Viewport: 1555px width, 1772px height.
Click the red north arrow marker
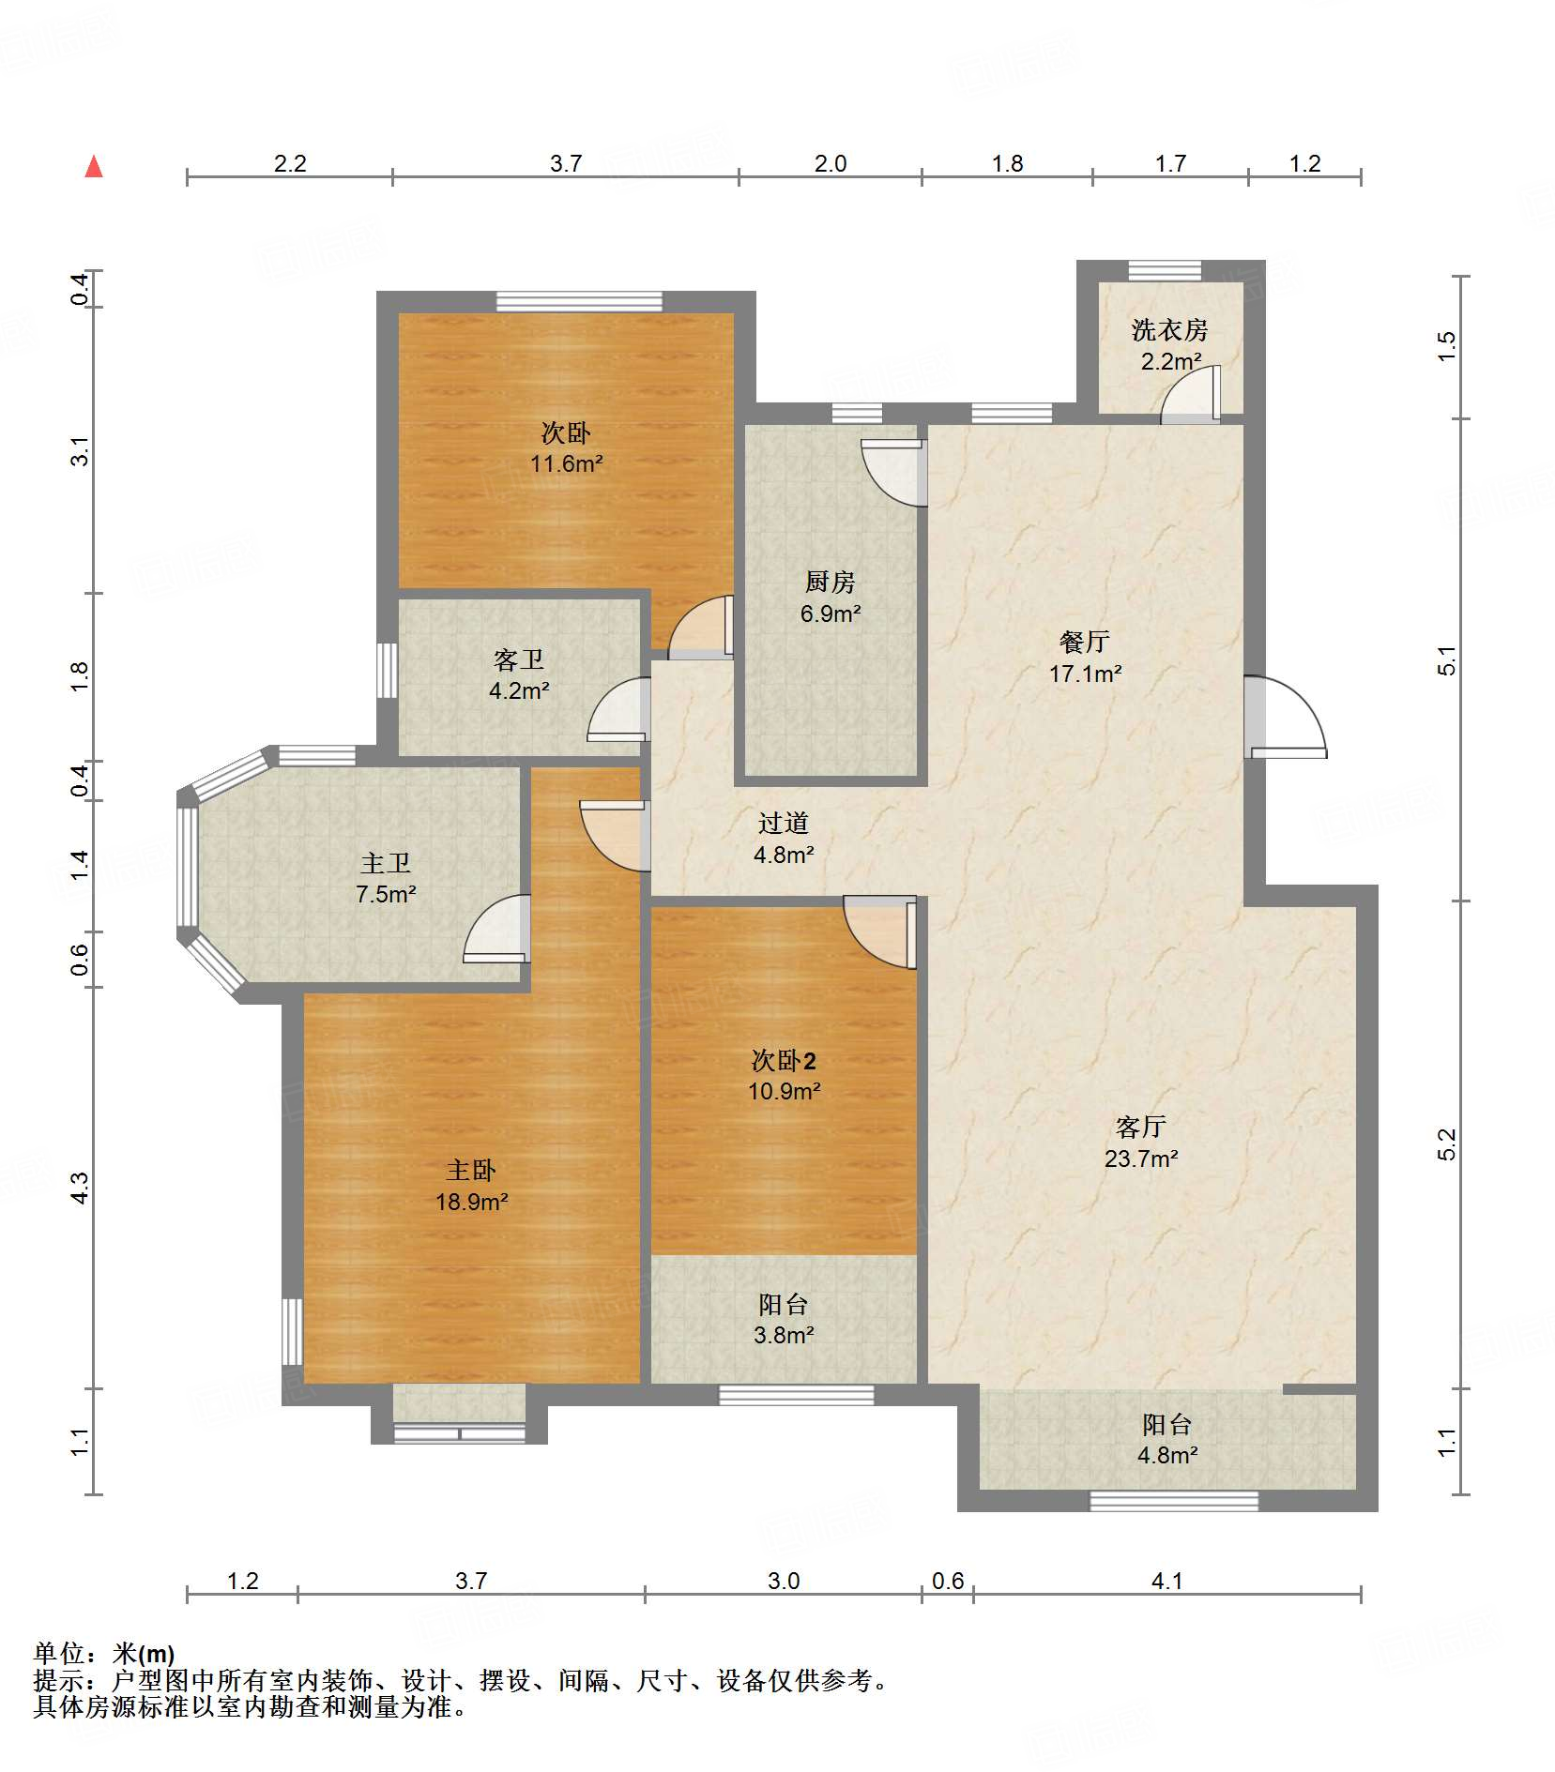click(x=94, y=167)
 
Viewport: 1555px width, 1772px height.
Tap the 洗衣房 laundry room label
click(x=1169, y=344)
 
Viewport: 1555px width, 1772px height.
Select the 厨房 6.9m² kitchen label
click(x=831, y=598)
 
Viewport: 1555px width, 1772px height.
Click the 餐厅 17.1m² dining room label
click(x=1085, y=657)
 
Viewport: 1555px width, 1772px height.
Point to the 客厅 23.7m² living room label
click(x=1140, y=1142)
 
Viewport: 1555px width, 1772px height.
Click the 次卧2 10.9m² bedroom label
click(x=784, y=1075)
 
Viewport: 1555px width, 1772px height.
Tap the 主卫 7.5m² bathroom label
click(x=386, y=878)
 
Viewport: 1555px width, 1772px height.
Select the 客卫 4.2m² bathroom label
click(x=519, y=674)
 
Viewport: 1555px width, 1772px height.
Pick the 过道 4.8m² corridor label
click(x=784, y=838)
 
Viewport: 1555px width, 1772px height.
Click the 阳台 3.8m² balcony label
click(x=784, y=1319)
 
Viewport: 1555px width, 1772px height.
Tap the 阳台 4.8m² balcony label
click(x=1166, y=1439)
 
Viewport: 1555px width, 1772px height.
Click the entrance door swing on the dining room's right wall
click(x=1286, y=718)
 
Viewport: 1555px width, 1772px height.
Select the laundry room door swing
click(x=1190, y=394)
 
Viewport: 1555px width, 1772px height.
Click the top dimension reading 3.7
click(x=566, y=163)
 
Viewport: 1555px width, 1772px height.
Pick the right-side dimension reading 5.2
click(x=1446, y=1143)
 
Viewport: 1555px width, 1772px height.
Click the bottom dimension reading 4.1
click(x=1166, y=1581)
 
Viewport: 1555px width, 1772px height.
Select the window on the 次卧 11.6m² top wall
click(x=579, y=302)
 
